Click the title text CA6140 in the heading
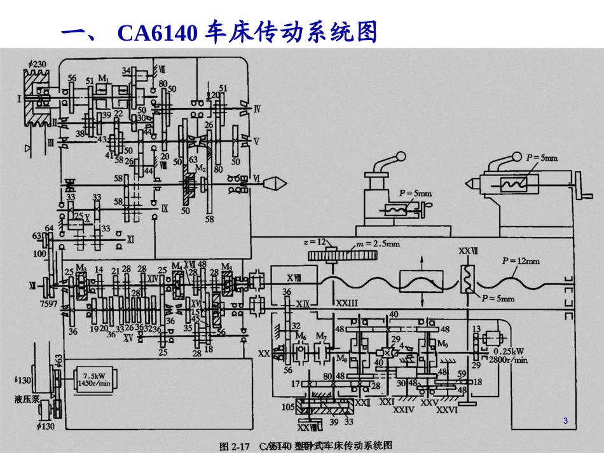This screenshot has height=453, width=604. coord(157,32)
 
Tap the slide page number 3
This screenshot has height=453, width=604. coord(565,421)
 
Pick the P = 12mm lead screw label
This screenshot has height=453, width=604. coord(519,260)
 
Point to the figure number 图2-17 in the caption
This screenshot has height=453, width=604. coord(235,446)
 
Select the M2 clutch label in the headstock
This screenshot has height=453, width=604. coord(200,168)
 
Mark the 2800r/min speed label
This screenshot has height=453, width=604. coord(508,360)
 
